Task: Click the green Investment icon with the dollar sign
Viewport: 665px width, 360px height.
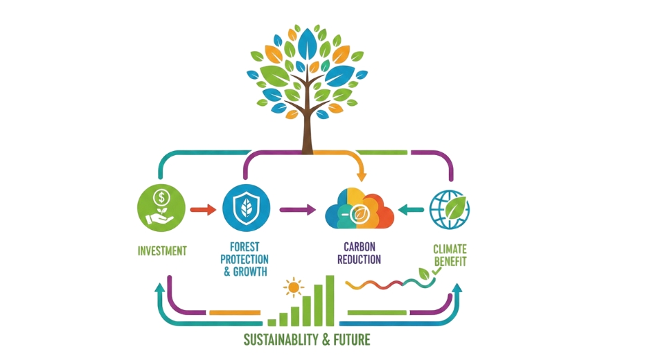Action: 161,208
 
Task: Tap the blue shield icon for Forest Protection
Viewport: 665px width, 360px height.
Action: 243,208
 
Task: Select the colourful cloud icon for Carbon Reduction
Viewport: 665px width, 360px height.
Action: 359,209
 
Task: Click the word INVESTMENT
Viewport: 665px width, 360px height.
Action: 161,251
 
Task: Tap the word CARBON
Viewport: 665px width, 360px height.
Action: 358,246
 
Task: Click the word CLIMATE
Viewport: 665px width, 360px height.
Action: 451,249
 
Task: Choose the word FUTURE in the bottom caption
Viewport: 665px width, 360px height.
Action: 352,340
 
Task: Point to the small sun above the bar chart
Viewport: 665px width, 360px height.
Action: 294,287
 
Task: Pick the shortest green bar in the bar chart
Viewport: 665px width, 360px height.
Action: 272,321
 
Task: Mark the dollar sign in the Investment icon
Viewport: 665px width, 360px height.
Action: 161,195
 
